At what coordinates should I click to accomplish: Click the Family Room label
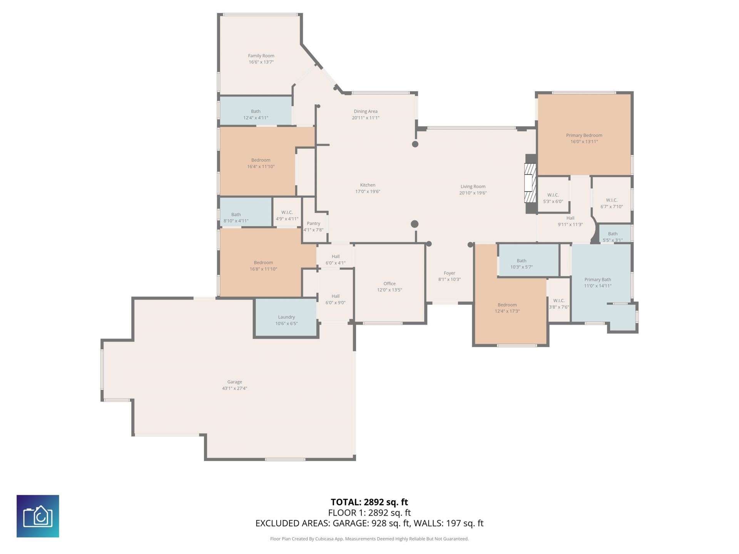coord(261,56)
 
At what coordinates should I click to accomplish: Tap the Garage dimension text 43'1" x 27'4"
coord(234,388)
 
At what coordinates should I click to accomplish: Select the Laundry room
coord(286,318)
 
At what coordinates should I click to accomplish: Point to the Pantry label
coord(313,224)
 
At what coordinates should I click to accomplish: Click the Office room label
coord(390,284)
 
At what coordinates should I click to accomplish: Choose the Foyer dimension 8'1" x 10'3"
coord(449,279)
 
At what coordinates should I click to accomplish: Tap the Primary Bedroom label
coord(584,135)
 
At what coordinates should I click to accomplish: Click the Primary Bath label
coord(597,280)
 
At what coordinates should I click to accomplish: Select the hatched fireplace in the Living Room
coord(530,183)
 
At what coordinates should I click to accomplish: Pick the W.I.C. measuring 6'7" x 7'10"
coord(612,200)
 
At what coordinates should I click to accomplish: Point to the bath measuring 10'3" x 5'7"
coord(529,260)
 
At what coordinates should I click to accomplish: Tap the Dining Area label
coord(365,112)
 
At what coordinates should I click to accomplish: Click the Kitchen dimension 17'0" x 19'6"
coord(368,191)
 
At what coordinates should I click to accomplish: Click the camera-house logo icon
coord(38,516)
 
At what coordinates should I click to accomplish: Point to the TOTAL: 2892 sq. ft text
coord(369,502)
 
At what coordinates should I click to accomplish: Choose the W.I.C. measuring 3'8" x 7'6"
coord(559,300)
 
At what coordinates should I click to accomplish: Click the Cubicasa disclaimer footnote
coord(369,539)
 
